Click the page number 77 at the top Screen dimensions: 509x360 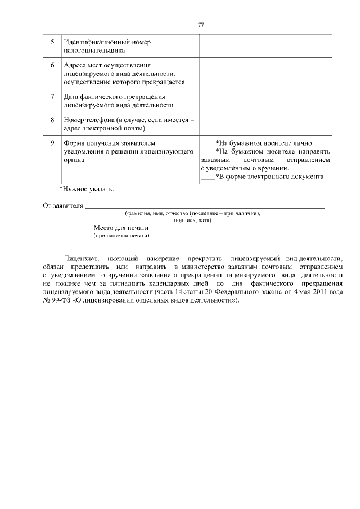(x=201, y=25)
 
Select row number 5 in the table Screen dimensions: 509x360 (x=52, y=42)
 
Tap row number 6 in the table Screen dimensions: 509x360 (x=52, y=65)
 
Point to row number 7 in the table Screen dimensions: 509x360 (x=52, y=96)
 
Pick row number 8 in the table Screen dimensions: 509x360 (x=52, y=120)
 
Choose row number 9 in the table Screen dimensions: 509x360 (x=52, y=143)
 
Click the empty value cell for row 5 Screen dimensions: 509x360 (x=265, y=46)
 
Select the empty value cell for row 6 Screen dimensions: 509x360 (x=265, y=73)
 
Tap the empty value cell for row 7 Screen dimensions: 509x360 (x=265, y=100)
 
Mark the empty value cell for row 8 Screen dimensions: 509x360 (x=265, y=123)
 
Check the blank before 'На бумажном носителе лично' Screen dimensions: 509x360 (x=208, y=144)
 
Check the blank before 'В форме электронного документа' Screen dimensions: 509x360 (x=208, y=177)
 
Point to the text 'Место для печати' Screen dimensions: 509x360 (x=121, y=228)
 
